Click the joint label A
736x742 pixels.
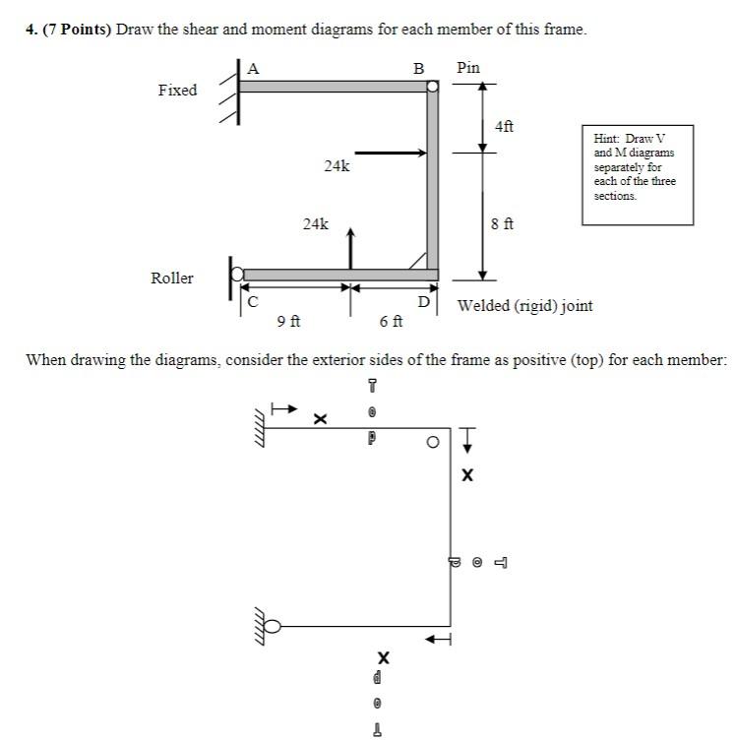(x=254, y=68)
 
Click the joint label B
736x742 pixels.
(x=418, y=69)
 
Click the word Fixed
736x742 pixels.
(x=177, y=91)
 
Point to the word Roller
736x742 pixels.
(x=172, y=278)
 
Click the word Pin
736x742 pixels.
(x=468, y=68)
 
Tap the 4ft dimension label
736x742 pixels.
(x=504, y=126)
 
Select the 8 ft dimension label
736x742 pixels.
(x=502, y=224)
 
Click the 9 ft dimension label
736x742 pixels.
(x=288, y=321)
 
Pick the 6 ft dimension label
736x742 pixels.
(x=391, y=321)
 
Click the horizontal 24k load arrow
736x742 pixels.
(x=390, y=153)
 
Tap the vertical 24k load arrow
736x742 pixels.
(x=351, y=246)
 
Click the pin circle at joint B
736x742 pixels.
(x=432, y=87)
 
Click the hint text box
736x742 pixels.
(x=637, y=174)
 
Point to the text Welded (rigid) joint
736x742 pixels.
(x=525, y=306)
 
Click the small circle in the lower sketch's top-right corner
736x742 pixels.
(x=432, y=443)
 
